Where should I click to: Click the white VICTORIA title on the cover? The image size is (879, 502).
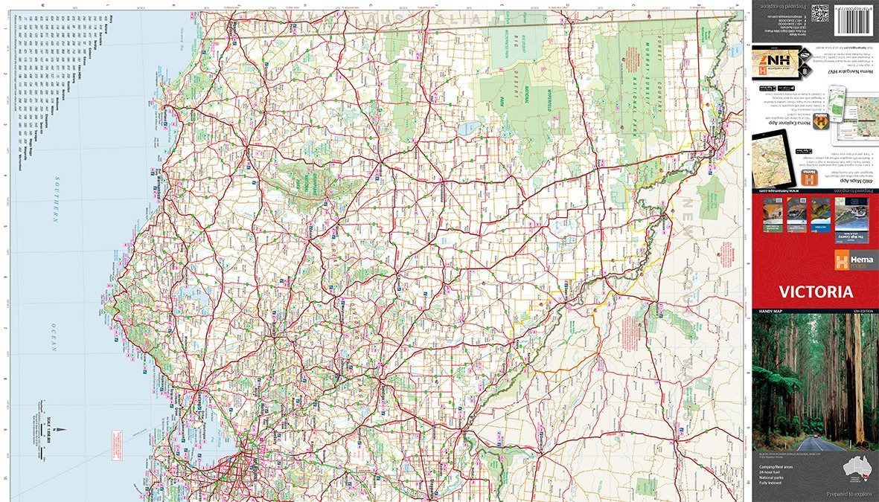(x=816, y=292)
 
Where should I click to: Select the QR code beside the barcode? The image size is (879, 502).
(x=819, y=13)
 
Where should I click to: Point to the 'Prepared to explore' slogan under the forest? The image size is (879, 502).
(x=845, y=493)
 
